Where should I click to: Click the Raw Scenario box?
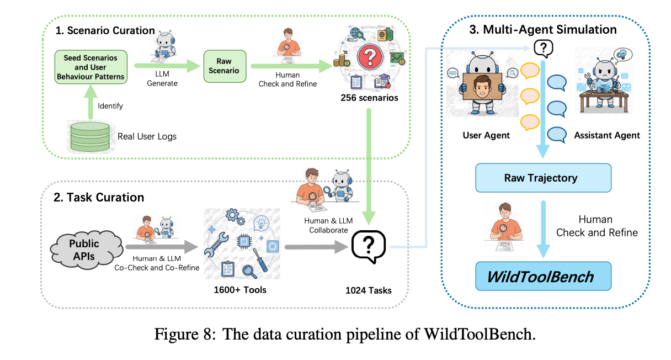pyautogui.click(x=223, y=66)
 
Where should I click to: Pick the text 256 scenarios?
pyautogui.click(x=369, y=98)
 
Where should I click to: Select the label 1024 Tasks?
pyautogui.click(x=369, y=290)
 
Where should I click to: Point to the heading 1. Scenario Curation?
pyautogui.click(x=105, y=30)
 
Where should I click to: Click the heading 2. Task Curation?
pyautogui.click(x=99, y=197)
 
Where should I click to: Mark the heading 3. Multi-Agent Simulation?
pyautogui.click(x=542, y=29)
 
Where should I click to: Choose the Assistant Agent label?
pyautogui.click(x=607, y=135)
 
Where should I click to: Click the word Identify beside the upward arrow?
pyautogui.click(x=110, y=105)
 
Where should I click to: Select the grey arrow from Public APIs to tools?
pyautogui.click(x=160, y=248)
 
